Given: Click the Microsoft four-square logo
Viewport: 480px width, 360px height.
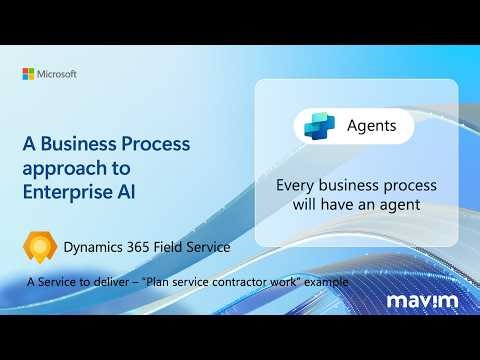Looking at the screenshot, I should pos(28,74).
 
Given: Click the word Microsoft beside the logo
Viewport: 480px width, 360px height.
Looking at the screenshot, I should pos(57,74).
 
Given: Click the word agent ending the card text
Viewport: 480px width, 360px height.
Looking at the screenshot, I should pos(397,204).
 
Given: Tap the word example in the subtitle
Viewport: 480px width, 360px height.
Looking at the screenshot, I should pos(326,283).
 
